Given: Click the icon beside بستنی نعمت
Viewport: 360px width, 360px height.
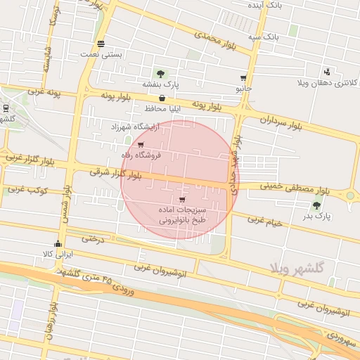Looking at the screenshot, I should pyautogui.click(x=102, y=43).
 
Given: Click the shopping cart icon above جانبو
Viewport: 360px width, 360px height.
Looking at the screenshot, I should pyautogui.click(x=243, y=79).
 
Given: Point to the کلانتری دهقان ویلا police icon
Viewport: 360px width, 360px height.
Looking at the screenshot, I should pyautogui.click(x=327, y=71).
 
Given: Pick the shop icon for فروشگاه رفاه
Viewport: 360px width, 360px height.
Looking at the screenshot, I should pyautogui.click(x=141, y=145).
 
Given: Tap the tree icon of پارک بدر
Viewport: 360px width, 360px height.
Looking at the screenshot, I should pyautogui.click(x=316, y=205).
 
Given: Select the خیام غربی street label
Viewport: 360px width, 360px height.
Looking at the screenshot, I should pyautogui.click(x=266, y=220).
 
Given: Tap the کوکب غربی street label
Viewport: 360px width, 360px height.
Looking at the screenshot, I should pyautogui.click(x=26, y=190).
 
